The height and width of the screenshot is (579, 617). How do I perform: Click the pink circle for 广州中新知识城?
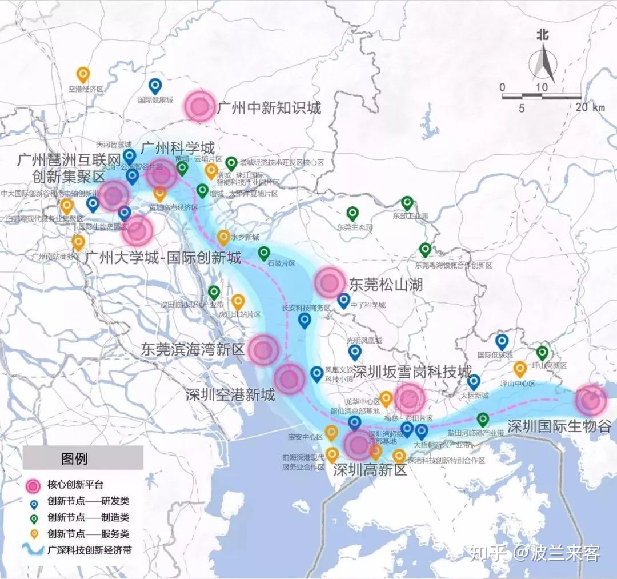pos(200,106)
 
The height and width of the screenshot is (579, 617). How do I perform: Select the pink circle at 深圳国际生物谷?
pos(590,400)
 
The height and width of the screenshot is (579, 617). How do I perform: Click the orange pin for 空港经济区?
pos(83,75)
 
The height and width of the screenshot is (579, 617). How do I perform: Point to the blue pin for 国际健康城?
pos(155,86)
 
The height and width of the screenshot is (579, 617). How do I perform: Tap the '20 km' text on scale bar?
pos(590,107)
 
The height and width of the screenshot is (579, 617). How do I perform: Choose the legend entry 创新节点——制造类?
pos(89,518)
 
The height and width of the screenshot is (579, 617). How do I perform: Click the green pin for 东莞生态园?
pos(353,214)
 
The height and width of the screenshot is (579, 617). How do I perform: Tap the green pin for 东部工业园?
pos(407,203)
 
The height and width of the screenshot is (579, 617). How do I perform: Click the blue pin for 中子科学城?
pos(343,300)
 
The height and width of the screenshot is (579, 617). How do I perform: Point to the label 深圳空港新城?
pos(230,395)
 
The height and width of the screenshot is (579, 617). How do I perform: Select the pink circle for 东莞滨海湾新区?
pos(263,350)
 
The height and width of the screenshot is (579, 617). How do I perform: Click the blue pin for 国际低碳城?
pos(502,342)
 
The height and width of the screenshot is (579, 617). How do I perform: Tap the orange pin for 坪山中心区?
pos(519,369)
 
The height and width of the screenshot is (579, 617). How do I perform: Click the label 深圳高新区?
pos(370,470)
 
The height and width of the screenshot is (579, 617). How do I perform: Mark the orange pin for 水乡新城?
pos(223,238)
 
